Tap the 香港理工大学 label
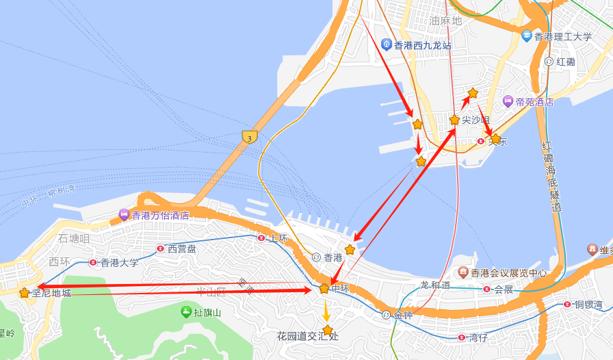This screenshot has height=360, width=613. click(563, 36)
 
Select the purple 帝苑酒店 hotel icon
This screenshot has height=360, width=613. click(508, 101)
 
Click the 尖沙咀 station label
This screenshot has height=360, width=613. click(475, 120)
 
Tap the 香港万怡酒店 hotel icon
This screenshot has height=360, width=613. click(125, 215)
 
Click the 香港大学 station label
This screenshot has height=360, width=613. click(119, 262)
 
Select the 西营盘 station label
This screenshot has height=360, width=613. click(182, 248)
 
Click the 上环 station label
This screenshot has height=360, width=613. click(278, 238)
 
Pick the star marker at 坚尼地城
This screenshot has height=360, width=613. click(25, 293)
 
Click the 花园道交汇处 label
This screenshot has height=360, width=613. click(308, 336)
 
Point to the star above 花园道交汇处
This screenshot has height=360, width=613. click(328, 331)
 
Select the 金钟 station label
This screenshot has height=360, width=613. click(404, 315)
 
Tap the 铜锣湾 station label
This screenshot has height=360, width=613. click(587, 304)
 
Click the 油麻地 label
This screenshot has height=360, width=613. click(445, 21)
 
